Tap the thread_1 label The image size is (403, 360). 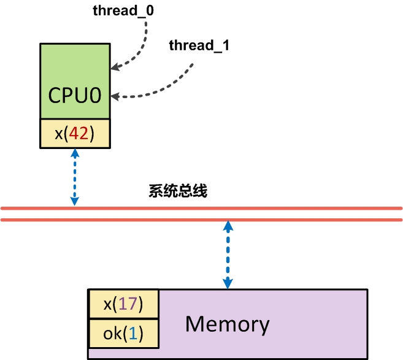pyautogui.click(x=199, y=45)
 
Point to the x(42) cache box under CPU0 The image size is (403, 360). pyautogui.click(x=75, y=134)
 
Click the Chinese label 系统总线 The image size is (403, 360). pyautogui.click(x=178, y=191)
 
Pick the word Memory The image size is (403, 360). pyautogui.click(x=227, y=323)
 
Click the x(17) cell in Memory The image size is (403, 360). pyautogui.click(x=124, y=304)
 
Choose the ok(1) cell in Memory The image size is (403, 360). pyautogui.click(x=124, y=333)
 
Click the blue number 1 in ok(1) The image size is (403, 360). pyautogui.click(x=134, y=333)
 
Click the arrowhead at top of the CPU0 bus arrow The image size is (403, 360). pyautogui.click(x=75, y=155)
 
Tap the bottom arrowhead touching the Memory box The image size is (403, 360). pyautogui.click(x=228, y=283)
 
